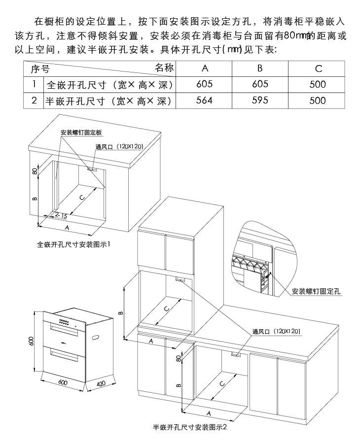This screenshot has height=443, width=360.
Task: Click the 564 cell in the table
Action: pyautogui.click(x=204, y=101)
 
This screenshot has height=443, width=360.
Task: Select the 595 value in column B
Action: pyautogui.click(x=260, y=101)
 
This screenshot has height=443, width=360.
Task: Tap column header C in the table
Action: pyautogui.click(x=319, y=68)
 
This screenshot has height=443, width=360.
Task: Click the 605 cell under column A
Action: pyautogui.click(x=204, y=84)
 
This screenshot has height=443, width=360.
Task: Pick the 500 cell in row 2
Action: pyautogui.click(x=318, y=101)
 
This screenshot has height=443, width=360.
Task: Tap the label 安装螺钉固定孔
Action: pyautogui.click(x=316, y=291)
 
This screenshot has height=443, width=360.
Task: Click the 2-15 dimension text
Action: pyautogui.click(x=61, y=215)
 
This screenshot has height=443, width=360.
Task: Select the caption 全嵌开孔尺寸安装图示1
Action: pyautogui.click(x=72, y=244)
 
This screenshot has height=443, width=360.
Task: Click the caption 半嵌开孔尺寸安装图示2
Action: pyautogui.click(x=189, y=427)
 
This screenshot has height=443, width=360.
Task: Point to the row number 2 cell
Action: pyautogui.click(x=34, y=101)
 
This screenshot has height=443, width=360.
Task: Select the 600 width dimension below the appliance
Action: pyautogui.click(x=63, y=382)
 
